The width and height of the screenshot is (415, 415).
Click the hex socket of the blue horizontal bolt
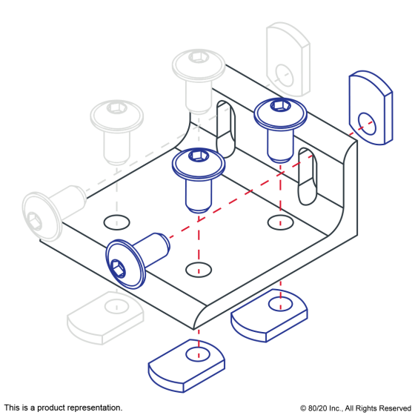click(118, 268)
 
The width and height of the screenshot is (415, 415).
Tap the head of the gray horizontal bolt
click(42, 216)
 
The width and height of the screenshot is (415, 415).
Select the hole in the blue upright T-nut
click(367, 124)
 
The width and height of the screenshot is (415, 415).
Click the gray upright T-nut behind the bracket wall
click(288, 59)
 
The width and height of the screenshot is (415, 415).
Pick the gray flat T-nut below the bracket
click(105, 318)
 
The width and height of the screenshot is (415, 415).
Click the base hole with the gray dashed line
click(116, 222)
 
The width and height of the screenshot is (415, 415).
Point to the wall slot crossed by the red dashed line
click(308, 176)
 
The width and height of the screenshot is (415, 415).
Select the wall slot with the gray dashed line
click(225, 129)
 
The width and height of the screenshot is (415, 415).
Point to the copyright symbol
click(303, 408)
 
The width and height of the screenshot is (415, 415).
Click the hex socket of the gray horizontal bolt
click(34, 222)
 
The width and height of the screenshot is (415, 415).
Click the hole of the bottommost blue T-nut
click(198, 354)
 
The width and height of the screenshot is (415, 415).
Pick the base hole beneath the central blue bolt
click(199, 270)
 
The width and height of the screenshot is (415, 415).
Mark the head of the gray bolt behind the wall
click(199, 64)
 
